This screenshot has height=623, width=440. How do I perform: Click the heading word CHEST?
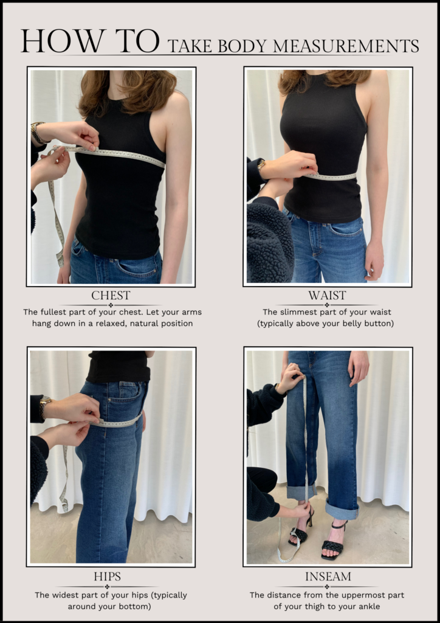tap(111, 296)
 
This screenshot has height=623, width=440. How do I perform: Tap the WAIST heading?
tap(326, 296)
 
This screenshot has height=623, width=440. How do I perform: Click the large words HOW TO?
tap(90, 41)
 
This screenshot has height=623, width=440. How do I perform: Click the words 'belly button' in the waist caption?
tap(364, 324)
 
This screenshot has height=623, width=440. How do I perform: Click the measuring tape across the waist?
tap(333, 177)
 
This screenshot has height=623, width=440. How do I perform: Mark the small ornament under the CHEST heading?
tap(111, 305)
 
